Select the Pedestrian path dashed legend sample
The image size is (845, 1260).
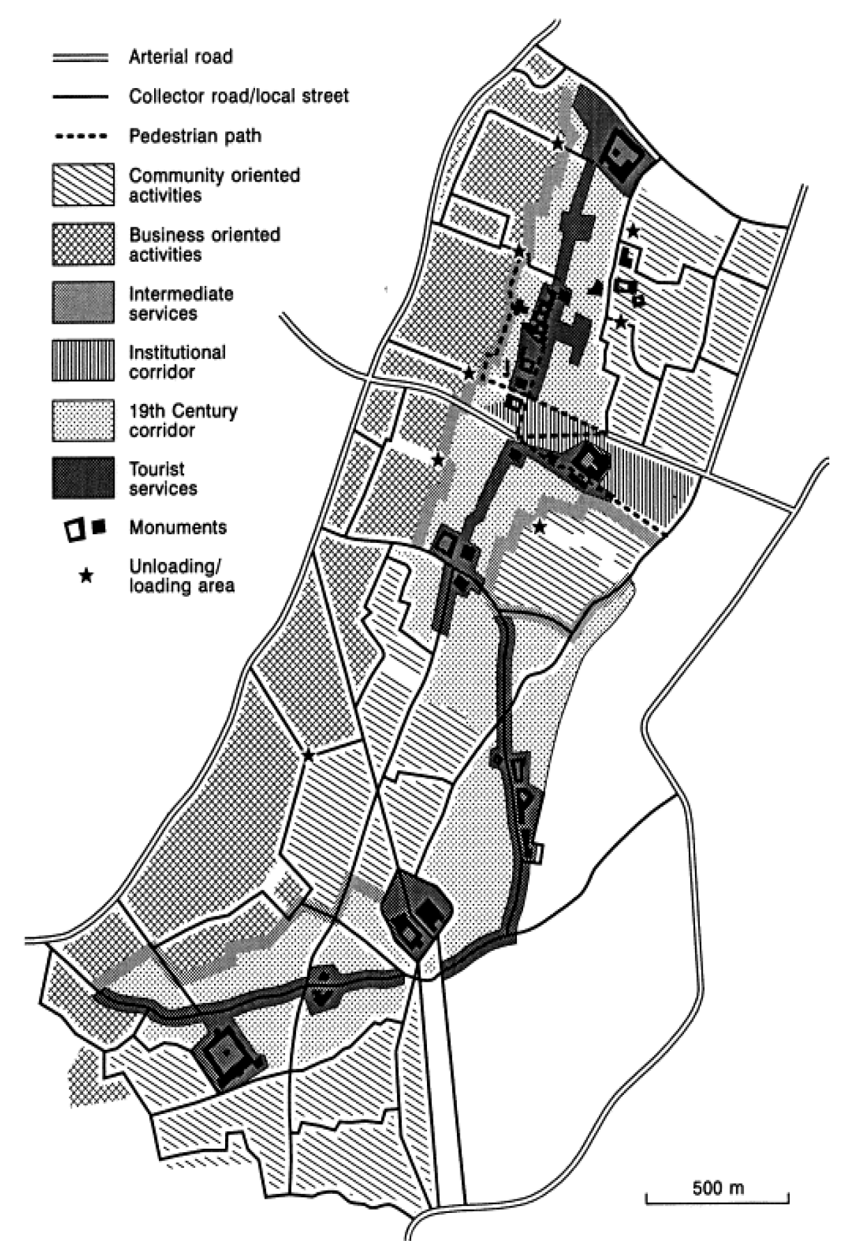80,136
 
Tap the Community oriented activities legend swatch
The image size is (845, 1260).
83,185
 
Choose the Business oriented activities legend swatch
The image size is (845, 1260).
83,244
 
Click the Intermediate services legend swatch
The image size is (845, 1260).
83,303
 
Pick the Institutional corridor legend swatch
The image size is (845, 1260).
83,362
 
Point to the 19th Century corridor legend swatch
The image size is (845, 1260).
83,420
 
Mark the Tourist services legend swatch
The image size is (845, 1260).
83,478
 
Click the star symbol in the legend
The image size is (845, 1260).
86,576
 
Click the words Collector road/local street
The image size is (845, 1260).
239,96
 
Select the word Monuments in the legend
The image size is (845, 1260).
178,527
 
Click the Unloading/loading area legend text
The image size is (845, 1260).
181,576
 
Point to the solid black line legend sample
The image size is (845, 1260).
80,97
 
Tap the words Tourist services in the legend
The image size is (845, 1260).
163,478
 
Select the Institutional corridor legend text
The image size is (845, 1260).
177,362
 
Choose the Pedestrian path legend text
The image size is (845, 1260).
195,136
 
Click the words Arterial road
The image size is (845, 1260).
181,57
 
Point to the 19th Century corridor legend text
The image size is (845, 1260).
183,420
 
